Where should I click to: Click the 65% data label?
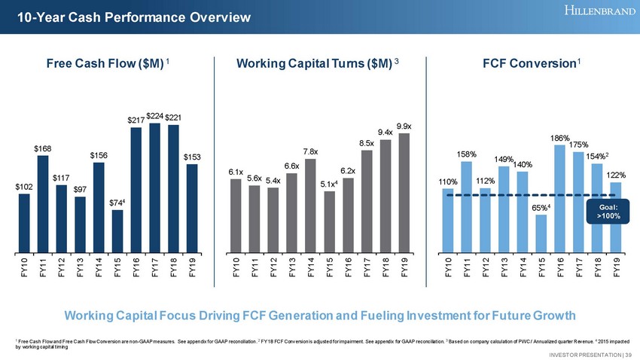[541, 207]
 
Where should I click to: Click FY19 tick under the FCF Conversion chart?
[617, 267]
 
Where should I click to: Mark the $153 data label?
[193, 157]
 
